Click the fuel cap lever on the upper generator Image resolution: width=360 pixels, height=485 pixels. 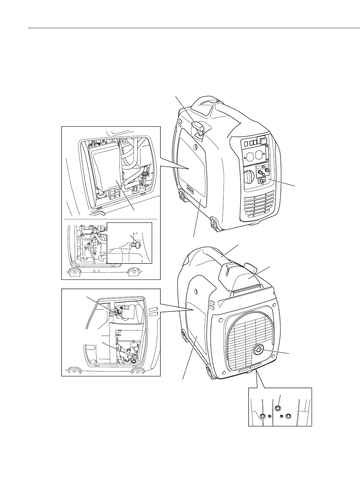(x=198, y=126)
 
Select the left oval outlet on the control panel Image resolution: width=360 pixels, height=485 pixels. (x=250, y=156)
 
